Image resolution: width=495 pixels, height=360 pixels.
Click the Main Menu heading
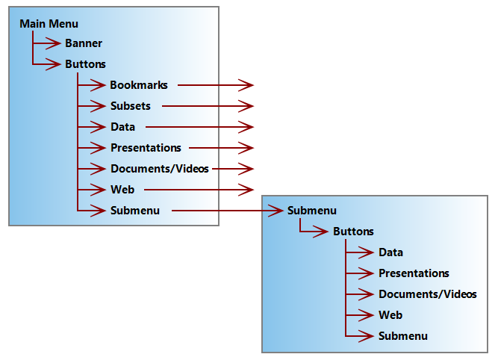click(x=49, y=24)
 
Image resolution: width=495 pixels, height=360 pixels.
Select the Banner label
click(x=84, y=44)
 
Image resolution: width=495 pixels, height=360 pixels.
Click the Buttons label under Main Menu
click(x=85, y=64)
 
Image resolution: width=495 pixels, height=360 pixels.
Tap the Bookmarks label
click(x=139, y=85)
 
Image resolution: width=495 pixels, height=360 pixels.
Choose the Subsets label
click(x=131, y=106)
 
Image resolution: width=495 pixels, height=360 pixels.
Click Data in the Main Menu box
click(x=122, y=127)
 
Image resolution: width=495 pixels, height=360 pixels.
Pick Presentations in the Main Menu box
click(x=146, y=148)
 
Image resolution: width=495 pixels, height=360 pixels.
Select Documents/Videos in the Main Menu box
click(x=160, y=169)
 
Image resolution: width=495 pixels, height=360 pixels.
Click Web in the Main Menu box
click(x=122, y=190)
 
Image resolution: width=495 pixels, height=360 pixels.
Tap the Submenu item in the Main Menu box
click(x=135, y=211)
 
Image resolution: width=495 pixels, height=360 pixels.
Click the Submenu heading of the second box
click(x=311, y=211)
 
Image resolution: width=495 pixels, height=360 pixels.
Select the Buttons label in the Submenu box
click(x=353, y=232)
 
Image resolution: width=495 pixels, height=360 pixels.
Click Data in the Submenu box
click(x=390, y=252)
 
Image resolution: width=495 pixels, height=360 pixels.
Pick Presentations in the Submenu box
click(x=414, y=273)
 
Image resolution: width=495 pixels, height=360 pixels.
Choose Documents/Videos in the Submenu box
click(x=427, y=294)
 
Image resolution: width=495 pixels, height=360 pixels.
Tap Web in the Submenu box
click(x=390, y=315)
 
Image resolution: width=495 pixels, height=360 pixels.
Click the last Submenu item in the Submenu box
click(x=402, y=336)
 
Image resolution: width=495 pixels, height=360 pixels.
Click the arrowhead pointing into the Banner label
click(x=54, y=43)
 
